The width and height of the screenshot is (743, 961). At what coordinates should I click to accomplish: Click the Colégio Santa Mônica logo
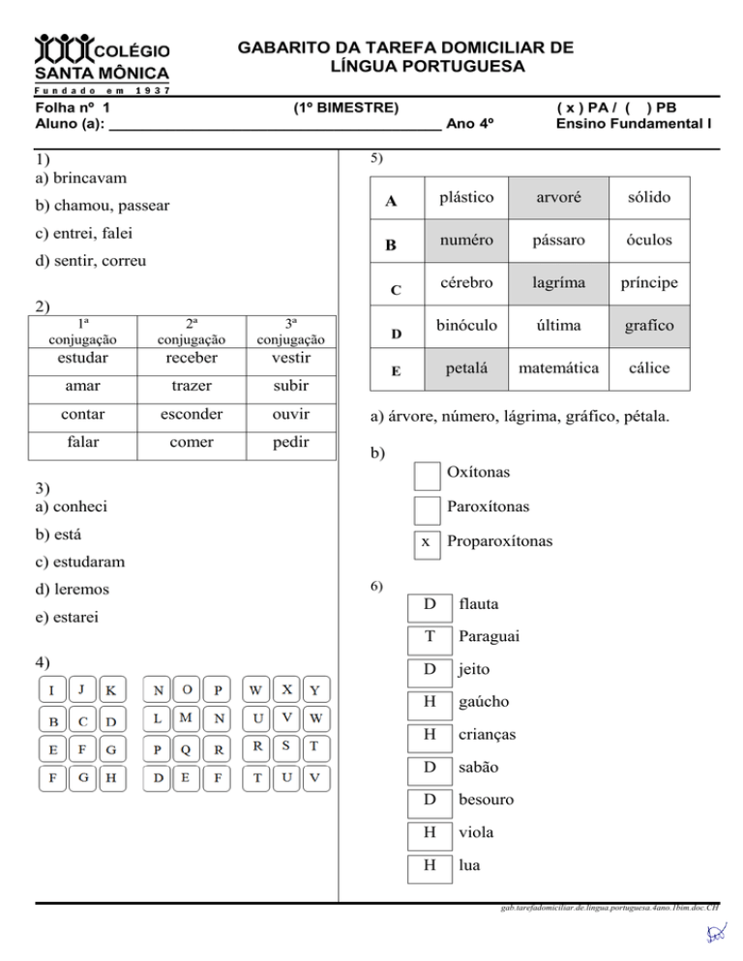point(103,60)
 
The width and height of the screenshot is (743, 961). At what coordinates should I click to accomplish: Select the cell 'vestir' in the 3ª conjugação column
point(291,358)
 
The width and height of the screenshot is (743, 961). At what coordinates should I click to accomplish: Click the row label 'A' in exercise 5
point(390,201)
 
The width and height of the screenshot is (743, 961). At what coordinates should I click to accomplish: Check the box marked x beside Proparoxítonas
point(426,542)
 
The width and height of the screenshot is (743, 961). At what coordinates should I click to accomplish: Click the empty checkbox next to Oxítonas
point(426,474)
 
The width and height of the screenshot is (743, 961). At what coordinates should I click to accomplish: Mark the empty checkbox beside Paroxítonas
point(426,508)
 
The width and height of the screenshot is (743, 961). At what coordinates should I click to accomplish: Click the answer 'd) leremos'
point(72,589)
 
